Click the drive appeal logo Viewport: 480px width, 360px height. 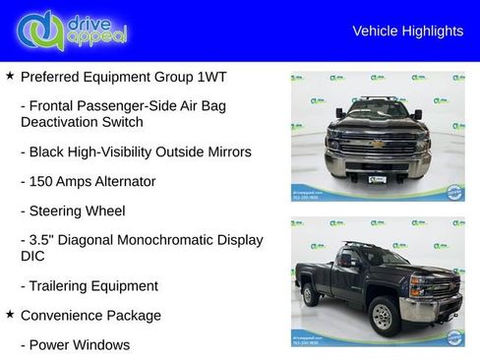(x=72, y=30)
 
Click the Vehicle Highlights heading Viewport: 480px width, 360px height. (x=407, y=31)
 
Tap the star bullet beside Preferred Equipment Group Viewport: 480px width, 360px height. (x=10, y=76)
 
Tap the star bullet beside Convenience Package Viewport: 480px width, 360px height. (x=10, y=315)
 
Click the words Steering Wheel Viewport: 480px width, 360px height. (x=77, y=210)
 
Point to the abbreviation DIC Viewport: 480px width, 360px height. (x=32, y=256)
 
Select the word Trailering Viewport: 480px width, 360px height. (x=63, y=286)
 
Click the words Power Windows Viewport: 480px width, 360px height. (x=80, y=345)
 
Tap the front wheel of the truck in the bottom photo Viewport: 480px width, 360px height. (x=384, y=315)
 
